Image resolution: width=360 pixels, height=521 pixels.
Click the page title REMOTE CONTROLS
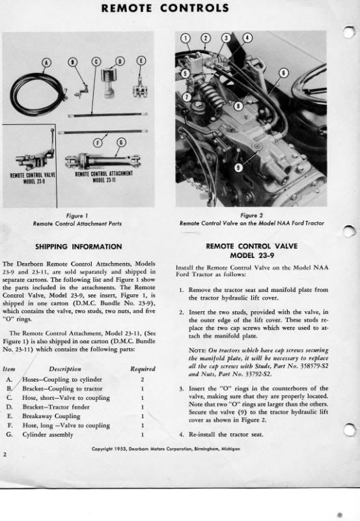[x=165, y=8]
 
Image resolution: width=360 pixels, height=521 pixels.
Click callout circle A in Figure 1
[x=48, y=62]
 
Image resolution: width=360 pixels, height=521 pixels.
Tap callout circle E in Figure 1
[x=141, y=61]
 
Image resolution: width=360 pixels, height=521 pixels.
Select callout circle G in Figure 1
[x=122, y=142]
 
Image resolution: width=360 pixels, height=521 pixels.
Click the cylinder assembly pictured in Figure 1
[x=103, y=162]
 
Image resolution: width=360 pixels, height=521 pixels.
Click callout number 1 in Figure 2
[x=186, y=38]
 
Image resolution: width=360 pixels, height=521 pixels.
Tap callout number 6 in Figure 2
[x=284, y=73]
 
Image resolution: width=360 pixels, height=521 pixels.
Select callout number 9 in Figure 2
[x=238, y=168]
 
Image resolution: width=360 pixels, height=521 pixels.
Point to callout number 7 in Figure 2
[x=187, y=97]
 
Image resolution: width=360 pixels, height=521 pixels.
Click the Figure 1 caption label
[x=77, y=216]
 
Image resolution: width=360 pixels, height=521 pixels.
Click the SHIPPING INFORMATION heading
[x=79, y=247]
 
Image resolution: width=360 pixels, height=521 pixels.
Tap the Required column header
[x=143, y=369]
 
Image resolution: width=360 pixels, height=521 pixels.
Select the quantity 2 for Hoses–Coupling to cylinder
[x=142, y=380]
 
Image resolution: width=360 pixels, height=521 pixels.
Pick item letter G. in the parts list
[x=9, y=434]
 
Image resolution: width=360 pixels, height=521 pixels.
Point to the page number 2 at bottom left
[x=5, y=454]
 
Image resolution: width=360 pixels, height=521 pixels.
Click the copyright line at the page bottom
[x=166, y=449]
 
